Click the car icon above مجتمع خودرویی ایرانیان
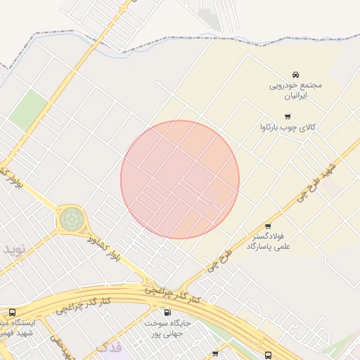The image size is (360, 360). [295, 75]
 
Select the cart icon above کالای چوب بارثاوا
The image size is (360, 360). [288, 117]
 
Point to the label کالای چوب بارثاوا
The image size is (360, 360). [288, 128]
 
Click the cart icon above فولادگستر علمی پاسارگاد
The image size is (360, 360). [268, 227]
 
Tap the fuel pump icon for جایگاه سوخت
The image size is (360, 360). [167, 313]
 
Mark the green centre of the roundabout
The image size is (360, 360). [70, 219]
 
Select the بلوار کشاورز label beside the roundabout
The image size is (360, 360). [104, 247]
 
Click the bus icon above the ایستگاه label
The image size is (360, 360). [12, 313]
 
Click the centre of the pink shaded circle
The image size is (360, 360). [180, 179]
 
